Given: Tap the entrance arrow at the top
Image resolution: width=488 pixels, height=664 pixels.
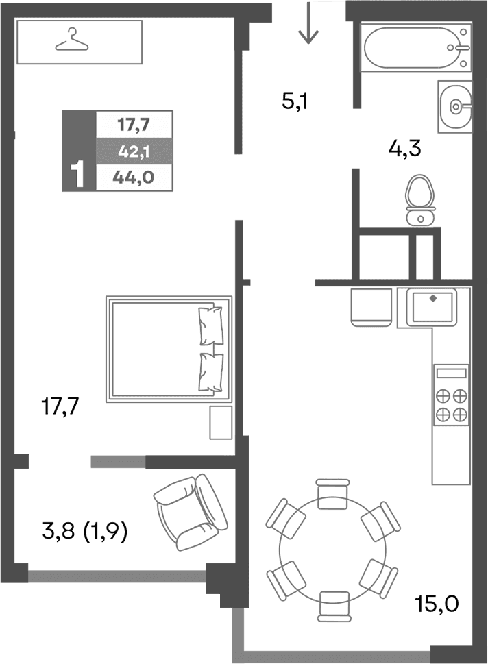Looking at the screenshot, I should click(308, 23).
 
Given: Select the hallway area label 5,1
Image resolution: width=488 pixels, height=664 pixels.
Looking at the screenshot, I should click(297, 103).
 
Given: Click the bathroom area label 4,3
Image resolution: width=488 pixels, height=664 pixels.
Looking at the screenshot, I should click(404, 148).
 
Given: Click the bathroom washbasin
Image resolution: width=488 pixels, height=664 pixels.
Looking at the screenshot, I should click(455, 106).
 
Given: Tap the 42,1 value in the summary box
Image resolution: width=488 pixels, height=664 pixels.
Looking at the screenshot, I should click(134, 151).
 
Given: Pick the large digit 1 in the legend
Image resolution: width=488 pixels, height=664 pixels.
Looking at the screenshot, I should click(78, 175).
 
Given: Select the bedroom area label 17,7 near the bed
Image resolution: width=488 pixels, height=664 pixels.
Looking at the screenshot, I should click(61, 408).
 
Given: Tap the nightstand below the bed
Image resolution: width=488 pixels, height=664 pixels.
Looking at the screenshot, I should click(221, 422).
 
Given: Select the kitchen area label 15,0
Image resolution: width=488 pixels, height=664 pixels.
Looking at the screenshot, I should click(436, 604).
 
